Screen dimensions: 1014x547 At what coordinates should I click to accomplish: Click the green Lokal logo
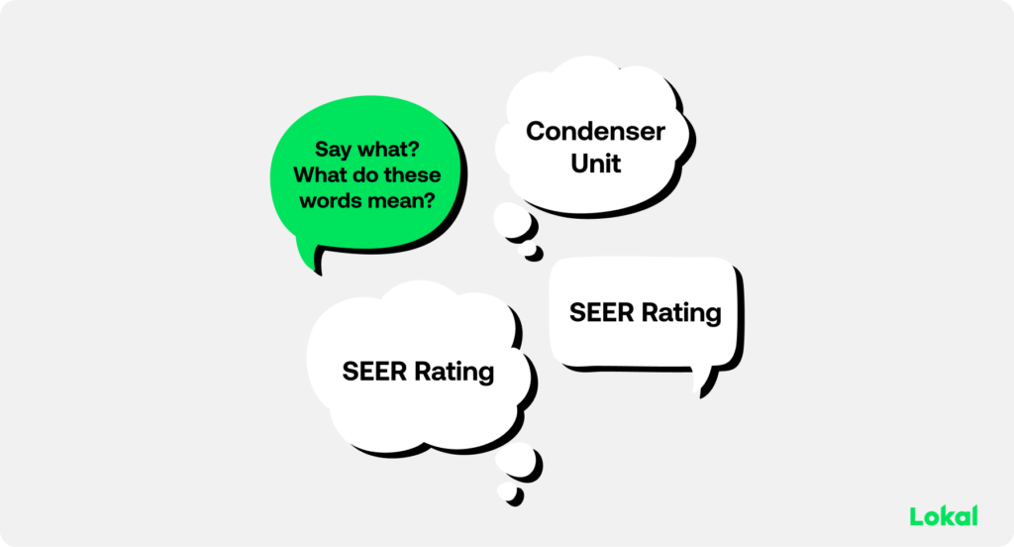(x=944, y=516)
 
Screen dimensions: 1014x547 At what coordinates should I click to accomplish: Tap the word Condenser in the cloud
(x=595, y=132)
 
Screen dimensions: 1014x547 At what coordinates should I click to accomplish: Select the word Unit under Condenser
(x=595, y=164)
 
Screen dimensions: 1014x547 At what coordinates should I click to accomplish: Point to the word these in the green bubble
(x=410, y=174)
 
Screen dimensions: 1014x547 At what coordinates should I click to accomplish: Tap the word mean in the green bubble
(x=396, y=201)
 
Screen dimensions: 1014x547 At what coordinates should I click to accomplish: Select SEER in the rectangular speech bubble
(x=602, y=313)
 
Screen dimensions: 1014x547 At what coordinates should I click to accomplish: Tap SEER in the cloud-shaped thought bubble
(x=375, y=372)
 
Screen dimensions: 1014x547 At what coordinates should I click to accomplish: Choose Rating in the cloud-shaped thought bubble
(x=454, y=373)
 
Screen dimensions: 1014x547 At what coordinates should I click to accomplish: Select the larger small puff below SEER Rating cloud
(x=516, y=461)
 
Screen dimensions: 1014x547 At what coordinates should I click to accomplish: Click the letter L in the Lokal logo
(x=915, y=516)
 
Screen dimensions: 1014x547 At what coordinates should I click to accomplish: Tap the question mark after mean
(x=430, y=201)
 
